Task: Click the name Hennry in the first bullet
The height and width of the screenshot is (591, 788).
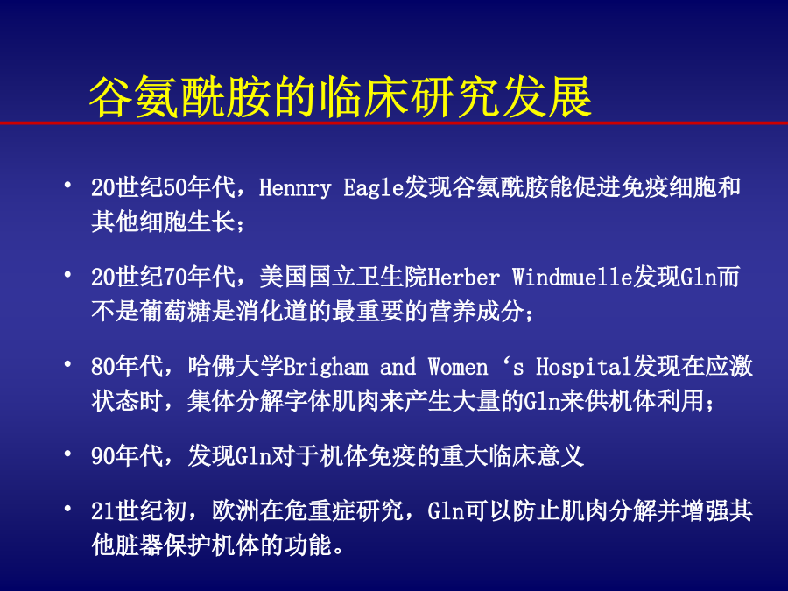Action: click(x=295, y=188)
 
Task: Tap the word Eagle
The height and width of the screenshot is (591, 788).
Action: click(x=374, y=188)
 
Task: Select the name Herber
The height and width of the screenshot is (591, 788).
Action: click(x=464, y=278)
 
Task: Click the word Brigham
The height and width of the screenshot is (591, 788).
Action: click(x=325, y=367)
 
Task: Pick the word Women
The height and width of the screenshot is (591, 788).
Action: click(x=458, y=367)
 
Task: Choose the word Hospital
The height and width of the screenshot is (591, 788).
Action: click(x=584, y=367)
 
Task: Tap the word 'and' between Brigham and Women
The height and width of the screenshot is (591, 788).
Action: click(x=398, y=367)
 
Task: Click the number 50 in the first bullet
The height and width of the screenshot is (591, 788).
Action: click(x=175, y=188)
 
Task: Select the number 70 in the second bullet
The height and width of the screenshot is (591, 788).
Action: click(x=175, y=278)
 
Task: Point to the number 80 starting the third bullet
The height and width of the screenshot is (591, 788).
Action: click(x=103, y=367)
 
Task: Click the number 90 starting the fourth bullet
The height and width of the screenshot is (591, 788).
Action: click(x=103, y=456)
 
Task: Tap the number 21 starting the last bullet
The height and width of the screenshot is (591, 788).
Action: click(x=103, y=511)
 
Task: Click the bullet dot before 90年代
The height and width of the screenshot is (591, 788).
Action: click(x=67, y=454)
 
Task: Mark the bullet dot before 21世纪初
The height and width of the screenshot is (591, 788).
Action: click(x=67, y=509)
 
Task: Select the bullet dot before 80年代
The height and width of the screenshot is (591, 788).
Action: click(x=67, y=364)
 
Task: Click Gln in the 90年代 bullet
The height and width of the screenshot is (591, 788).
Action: click(x=253, y=456)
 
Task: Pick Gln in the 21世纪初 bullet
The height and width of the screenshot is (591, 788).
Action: click(x=446, y=511)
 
